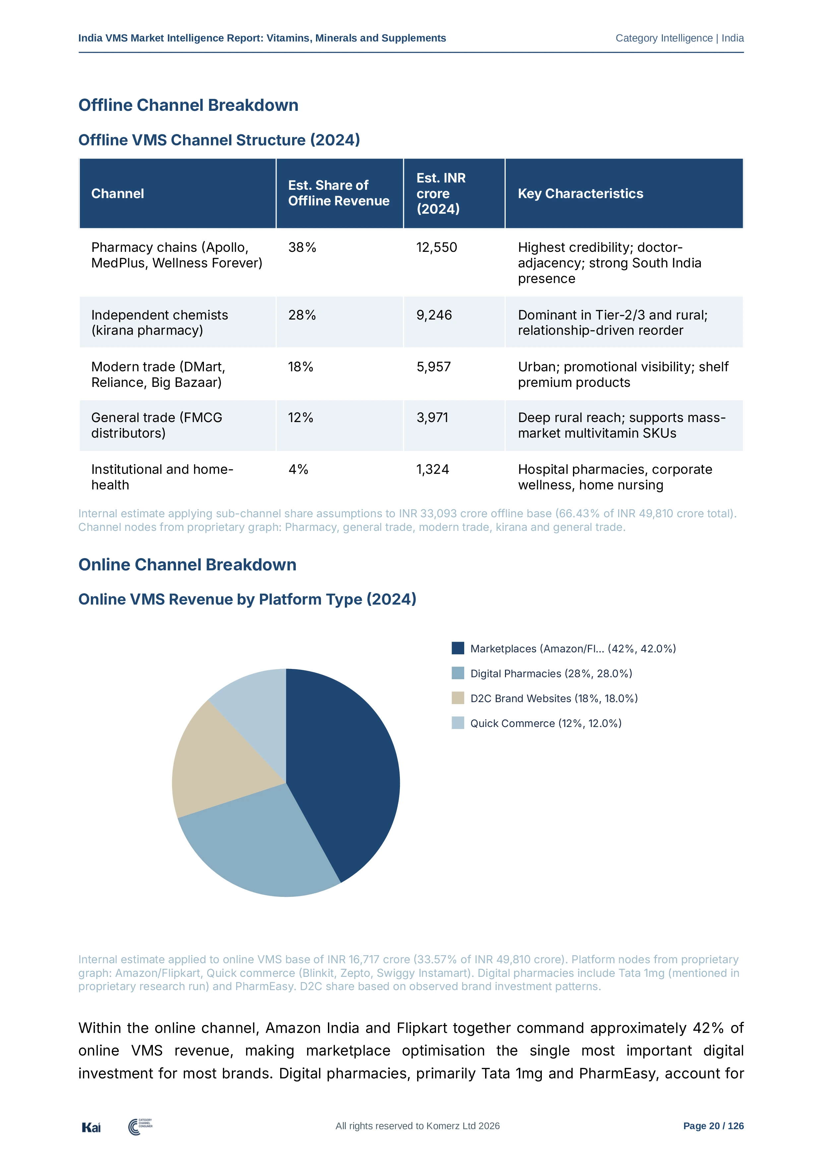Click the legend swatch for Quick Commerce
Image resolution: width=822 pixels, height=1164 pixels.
point(458,723)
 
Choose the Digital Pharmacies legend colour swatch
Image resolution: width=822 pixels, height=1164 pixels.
point(458,673)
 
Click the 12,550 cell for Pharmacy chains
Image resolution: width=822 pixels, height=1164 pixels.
point(437,248)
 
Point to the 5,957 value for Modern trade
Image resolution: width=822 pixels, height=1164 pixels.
point(433,367)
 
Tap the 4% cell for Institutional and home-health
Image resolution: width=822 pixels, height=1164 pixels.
point(298,470)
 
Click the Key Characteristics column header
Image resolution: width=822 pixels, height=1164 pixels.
point(580,194)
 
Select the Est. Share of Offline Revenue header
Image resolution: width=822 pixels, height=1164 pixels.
point(339,193)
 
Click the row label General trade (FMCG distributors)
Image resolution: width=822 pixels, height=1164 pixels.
point(157,425)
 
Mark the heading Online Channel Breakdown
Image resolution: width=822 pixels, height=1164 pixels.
point(187,565)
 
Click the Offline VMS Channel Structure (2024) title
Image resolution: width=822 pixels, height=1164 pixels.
point(219,140)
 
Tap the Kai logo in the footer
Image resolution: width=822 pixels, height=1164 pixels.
point(91,1127)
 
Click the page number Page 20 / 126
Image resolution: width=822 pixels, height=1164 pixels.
point(713,1126)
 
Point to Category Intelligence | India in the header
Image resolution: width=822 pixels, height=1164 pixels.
point(680,38)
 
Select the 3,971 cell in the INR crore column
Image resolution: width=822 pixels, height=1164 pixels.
point(432,418)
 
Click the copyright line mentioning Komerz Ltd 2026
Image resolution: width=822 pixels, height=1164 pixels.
point(417,1126)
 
